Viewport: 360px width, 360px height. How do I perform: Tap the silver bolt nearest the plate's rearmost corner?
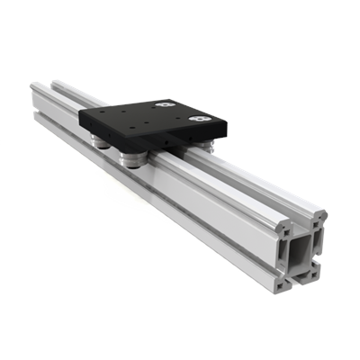166,106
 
